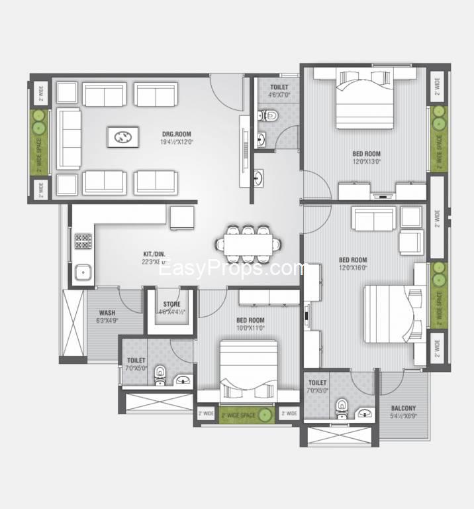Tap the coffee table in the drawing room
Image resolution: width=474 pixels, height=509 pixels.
tap(123, 137)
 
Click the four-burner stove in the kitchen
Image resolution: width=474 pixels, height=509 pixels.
tap(83, 241)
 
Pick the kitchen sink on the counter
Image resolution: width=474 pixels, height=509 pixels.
tap(83, 272)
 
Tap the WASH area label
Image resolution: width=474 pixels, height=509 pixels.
tap(107, 313)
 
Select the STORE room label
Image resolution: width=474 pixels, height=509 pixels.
tap(171, 305)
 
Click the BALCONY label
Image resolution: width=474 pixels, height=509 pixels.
tap(403, 408)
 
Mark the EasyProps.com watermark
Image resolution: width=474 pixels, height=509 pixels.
tap(237, 269)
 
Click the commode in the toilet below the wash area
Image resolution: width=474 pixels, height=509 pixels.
tap(160, 374)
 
